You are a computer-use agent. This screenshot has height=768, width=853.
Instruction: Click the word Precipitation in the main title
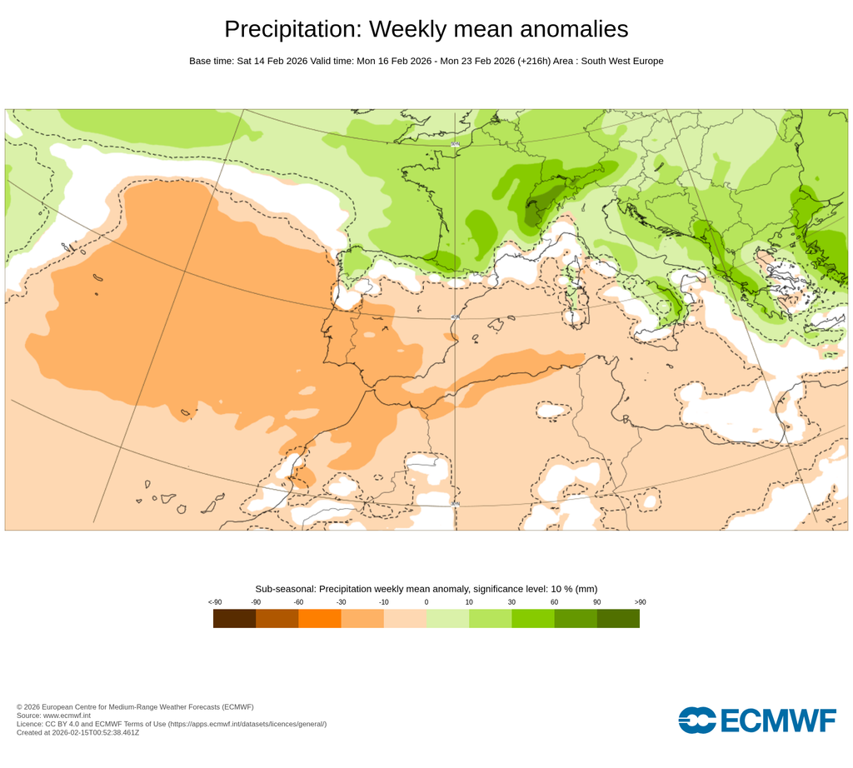tap(292, 29)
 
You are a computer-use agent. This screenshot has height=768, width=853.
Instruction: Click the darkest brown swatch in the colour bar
tap(234, 619)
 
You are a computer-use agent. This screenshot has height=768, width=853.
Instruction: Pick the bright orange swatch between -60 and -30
tap(320, 619)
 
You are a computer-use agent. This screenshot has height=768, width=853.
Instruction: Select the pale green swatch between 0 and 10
tap(447, 619)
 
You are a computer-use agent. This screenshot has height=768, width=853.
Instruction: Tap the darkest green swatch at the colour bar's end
tap(618, 619)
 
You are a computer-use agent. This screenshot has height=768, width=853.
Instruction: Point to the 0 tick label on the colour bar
tap(426, 602)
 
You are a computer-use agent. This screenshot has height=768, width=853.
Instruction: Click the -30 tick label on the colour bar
tap(341, 602)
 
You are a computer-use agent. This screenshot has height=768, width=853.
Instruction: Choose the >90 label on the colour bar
tap(639, 602)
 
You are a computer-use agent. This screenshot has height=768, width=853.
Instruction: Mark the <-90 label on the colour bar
tap(214, 602)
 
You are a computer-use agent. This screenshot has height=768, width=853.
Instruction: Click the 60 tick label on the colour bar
tap(554, 602)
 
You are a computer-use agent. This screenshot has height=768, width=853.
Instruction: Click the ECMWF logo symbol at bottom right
tap(696, 720)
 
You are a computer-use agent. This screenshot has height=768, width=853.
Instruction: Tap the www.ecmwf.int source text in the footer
tap(66, 716)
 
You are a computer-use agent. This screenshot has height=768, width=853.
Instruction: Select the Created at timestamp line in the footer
tap(77, 733)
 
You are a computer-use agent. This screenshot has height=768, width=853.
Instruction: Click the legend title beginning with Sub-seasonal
tap(426, 589)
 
